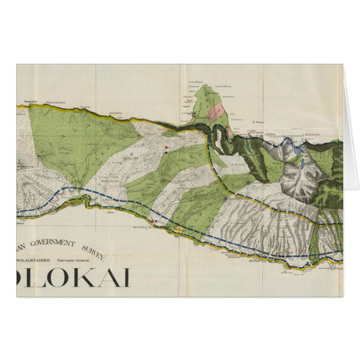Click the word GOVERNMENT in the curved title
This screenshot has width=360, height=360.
[54, 244]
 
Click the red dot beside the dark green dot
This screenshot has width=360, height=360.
[166, 148]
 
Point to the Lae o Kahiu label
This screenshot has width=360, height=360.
[195, 82]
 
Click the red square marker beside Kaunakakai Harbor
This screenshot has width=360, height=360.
[153, 220]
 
